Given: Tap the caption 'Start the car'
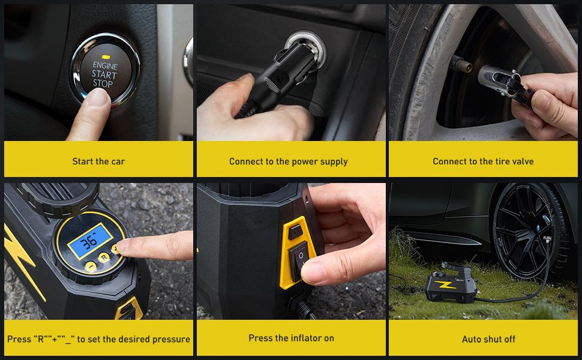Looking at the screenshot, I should click(98, 161).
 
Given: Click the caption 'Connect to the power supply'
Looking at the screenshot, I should click(288, 161).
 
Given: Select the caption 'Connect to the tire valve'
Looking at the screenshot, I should click(483, 161).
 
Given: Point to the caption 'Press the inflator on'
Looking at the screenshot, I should click(291, 338).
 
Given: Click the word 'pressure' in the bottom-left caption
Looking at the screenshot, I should click(171, 339).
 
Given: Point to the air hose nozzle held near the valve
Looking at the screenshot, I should click(498, 78).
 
